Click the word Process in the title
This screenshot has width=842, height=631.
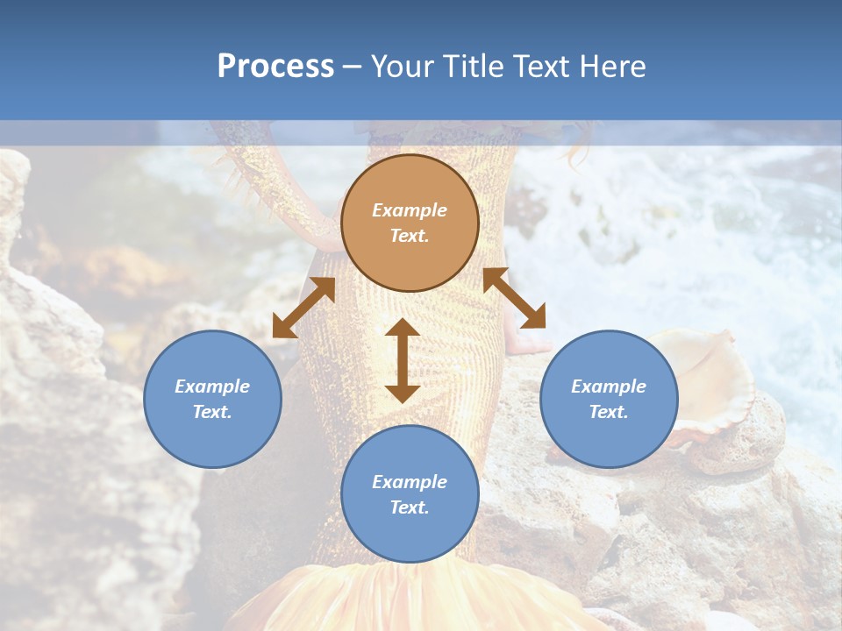click(275, 67)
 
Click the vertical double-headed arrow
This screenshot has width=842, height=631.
click(403, 360)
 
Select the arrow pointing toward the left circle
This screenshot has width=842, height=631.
click(303, 308)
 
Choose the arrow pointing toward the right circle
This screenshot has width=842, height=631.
click(515, 299)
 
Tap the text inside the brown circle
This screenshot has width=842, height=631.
click(410, 223)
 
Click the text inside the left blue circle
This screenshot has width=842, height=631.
click(212, 399)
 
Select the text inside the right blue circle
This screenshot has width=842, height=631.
click(609, 399)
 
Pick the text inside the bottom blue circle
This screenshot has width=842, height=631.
click(410, 494)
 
